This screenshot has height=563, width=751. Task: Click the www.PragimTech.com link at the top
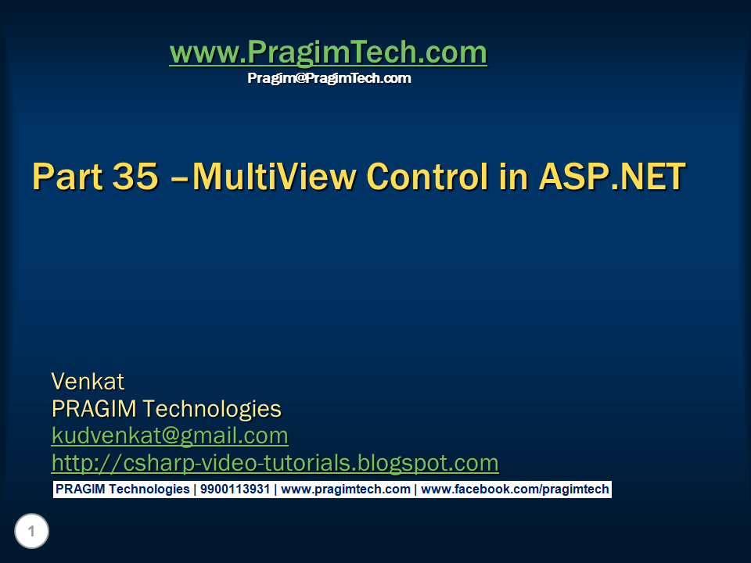click(328, 53)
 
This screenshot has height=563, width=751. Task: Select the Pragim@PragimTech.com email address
click(329, 78)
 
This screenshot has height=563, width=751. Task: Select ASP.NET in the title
click(612, 176)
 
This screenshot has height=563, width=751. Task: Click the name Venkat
click(88, 382)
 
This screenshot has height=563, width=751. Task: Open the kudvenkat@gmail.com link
click(170, 435)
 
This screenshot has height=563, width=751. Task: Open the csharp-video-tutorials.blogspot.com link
click(275, 462)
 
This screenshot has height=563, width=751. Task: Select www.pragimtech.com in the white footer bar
click(345, 489)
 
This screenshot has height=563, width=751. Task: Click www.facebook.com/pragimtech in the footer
click(515, 489)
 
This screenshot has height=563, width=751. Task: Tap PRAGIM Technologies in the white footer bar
click(122, 489)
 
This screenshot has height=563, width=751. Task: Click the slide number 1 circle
click(31, 533)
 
